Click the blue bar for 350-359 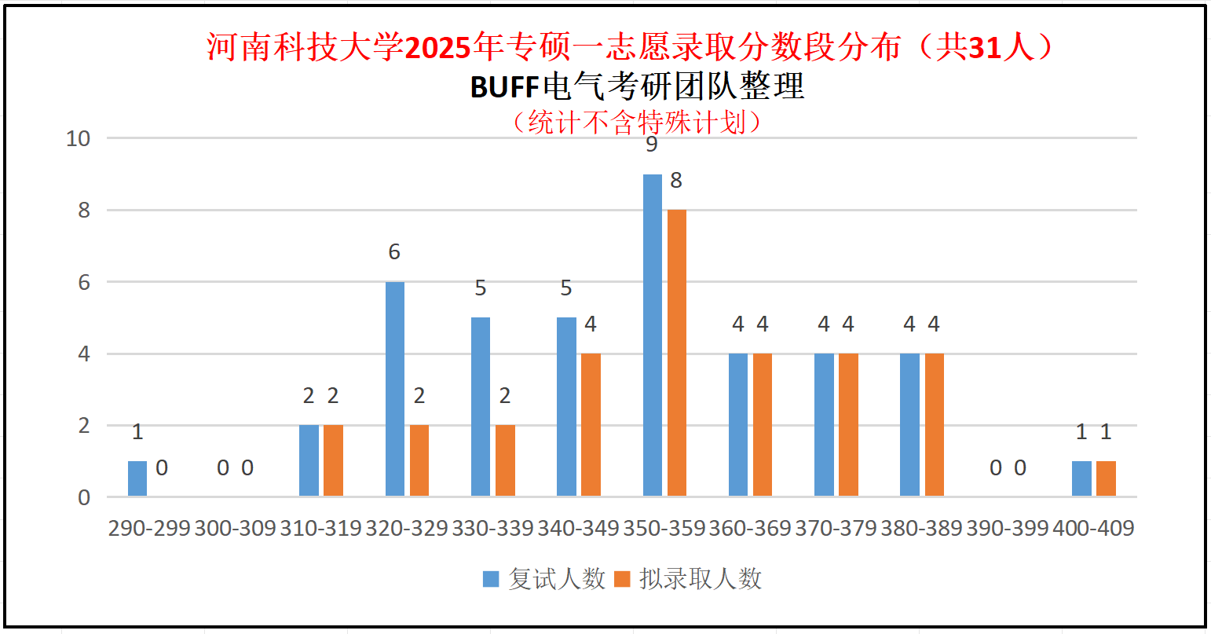tap(652, 335)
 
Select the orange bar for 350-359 tap(676, 354)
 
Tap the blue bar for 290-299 tap(137, 478)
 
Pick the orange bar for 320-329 tap(419, 461)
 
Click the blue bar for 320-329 tap(395, 389)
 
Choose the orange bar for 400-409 tap(1106, 478)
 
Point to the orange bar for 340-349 tap(591, 425)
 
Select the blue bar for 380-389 tap(909, 425)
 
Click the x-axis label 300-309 tap(235, 529)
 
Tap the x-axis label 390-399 tap(1008, 529)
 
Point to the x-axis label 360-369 tap(750, 529)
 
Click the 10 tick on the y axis tap(79, 139)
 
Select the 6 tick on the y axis tap(84, 283)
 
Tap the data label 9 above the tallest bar tap(651, 145)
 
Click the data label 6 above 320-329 tap(394, 252)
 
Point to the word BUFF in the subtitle tap(504, 87)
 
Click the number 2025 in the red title tap(438, 49)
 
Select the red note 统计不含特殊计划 tap(636, 122)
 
